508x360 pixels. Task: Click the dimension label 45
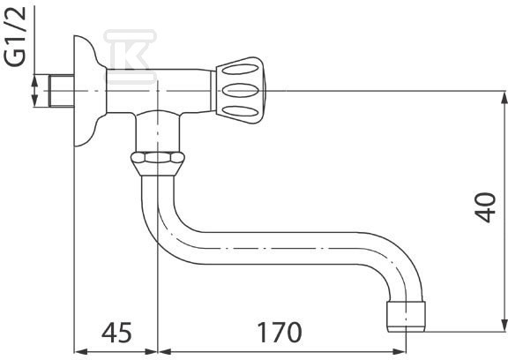tap(116, 333)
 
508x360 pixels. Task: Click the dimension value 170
tap(280, 333)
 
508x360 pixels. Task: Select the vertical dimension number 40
tap(485, 207)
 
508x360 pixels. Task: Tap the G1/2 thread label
tap(15, 36)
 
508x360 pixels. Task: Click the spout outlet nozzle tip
tap(407, 317)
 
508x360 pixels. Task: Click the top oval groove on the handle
tap(241, 70)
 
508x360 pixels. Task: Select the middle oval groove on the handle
tap(241, 90)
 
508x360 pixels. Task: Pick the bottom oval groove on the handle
tap(241, 111)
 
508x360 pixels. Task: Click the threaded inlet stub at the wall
tap(62, 91)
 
